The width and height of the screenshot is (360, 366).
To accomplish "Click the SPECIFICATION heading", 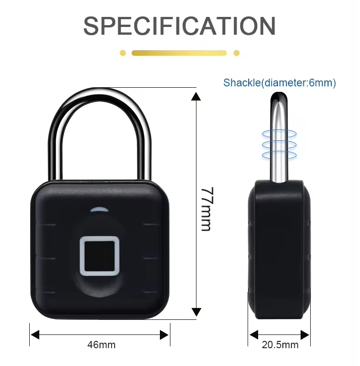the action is pos(180,26).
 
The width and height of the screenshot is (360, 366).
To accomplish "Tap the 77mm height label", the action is pos(206,209).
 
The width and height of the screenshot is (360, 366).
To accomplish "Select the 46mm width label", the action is pos(101,345).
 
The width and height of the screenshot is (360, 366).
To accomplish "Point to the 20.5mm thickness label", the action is pos(280,345).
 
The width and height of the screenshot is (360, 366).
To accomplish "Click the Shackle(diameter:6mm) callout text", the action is pos(280,83).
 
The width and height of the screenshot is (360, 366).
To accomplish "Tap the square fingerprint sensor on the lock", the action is pos(100,256).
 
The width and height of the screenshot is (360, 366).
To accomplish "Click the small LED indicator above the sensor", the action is pos(100,209).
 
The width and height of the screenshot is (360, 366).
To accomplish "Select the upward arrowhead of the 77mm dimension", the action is pos(196,96).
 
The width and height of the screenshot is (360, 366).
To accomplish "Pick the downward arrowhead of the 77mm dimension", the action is pos(196,312).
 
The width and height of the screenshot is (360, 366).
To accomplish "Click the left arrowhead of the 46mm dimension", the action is pos(35,335).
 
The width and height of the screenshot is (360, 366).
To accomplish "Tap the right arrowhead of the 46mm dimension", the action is pos(164,335).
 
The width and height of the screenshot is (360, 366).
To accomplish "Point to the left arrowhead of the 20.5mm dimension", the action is pos(254,335).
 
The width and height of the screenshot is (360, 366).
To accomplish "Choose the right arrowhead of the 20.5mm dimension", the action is pos(305,335).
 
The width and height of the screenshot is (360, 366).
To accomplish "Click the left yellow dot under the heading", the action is pos(123,53).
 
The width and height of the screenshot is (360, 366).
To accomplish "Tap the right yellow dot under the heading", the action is pos(236,53).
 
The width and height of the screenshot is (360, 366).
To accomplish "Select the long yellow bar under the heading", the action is pos(179,53).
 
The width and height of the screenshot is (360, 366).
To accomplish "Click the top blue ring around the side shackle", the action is pos(279,134).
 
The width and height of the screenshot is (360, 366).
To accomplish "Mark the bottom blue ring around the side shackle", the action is pos(279,155).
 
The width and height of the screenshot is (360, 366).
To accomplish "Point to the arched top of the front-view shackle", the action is pos(100,95).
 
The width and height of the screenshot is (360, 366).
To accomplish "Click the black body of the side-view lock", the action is pos(279,249).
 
